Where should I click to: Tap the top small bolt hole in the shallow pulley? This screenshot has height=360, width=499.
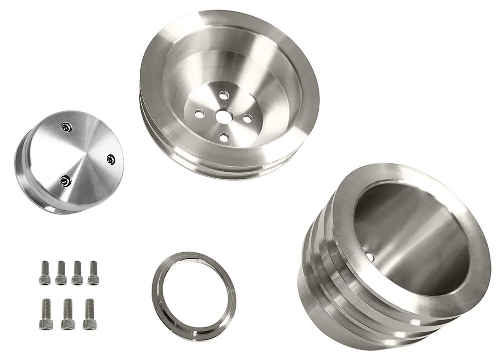coord(224,94)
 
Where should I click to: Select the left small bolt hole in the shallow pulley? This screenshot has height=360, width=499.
coord(199,114)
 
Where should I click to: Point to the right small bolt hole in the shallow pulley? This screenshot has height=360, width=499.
coord(247,118)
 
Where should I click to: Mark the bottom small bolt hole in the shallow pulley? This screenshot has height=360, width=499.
coord(224,137)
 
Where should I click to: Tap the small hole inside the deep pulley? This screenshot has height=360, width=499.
coord(369,257)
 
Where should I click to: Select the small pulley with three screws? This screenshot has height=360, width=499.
coord(70,162)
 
